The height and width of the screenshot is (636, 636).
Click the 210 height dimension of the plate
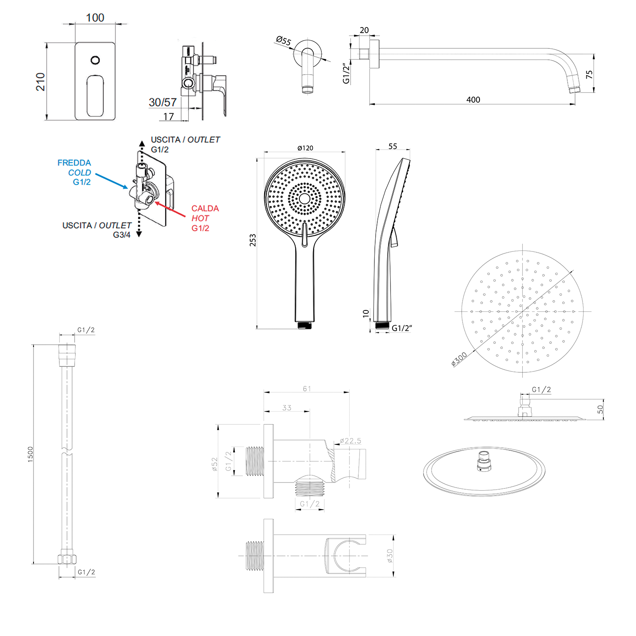point(40,81)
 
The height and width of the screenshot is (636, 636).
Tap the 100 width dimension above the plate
point(95,18)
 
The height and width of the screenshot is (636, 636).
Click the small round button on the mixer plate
point(95,60)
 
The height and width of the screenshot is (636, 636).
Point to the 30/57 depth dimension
point(162,103)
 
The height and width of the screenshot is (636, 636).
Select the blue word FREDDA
point(74,163)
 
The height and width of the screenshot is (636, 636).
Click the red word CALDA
point(205,209)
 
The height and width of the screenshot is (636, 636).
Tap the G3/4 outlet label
point(122,235)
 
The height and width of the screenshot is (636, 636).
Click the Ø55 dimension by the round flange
point(283,41)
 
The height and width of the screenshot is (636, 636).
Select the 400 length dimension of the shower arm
point(473,100)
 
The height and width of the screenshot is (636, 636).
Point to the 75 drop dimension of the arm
point(589,75)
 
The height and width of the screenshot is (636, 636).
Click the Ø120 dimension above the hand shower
point(305,148)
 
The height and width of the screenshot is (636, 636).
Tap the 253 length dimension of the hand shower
point(253,240)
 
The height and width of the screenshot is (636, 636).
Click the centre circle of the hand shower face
point(304,198)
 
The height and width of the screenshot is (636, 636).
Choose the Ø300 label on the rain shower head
point(459,359)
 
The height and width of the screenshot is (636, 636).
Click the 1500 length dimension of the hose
point(30,454)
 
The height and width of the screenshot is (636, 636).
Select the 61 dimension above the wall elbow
point(307,388)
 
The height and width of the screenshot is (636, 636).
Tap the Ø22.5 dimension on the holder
point(351,441)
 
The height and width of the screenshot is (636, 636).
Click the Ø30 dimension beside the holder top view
point(390,556)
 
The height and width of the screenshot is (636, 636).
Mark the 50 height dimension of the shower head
point(600,409)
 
